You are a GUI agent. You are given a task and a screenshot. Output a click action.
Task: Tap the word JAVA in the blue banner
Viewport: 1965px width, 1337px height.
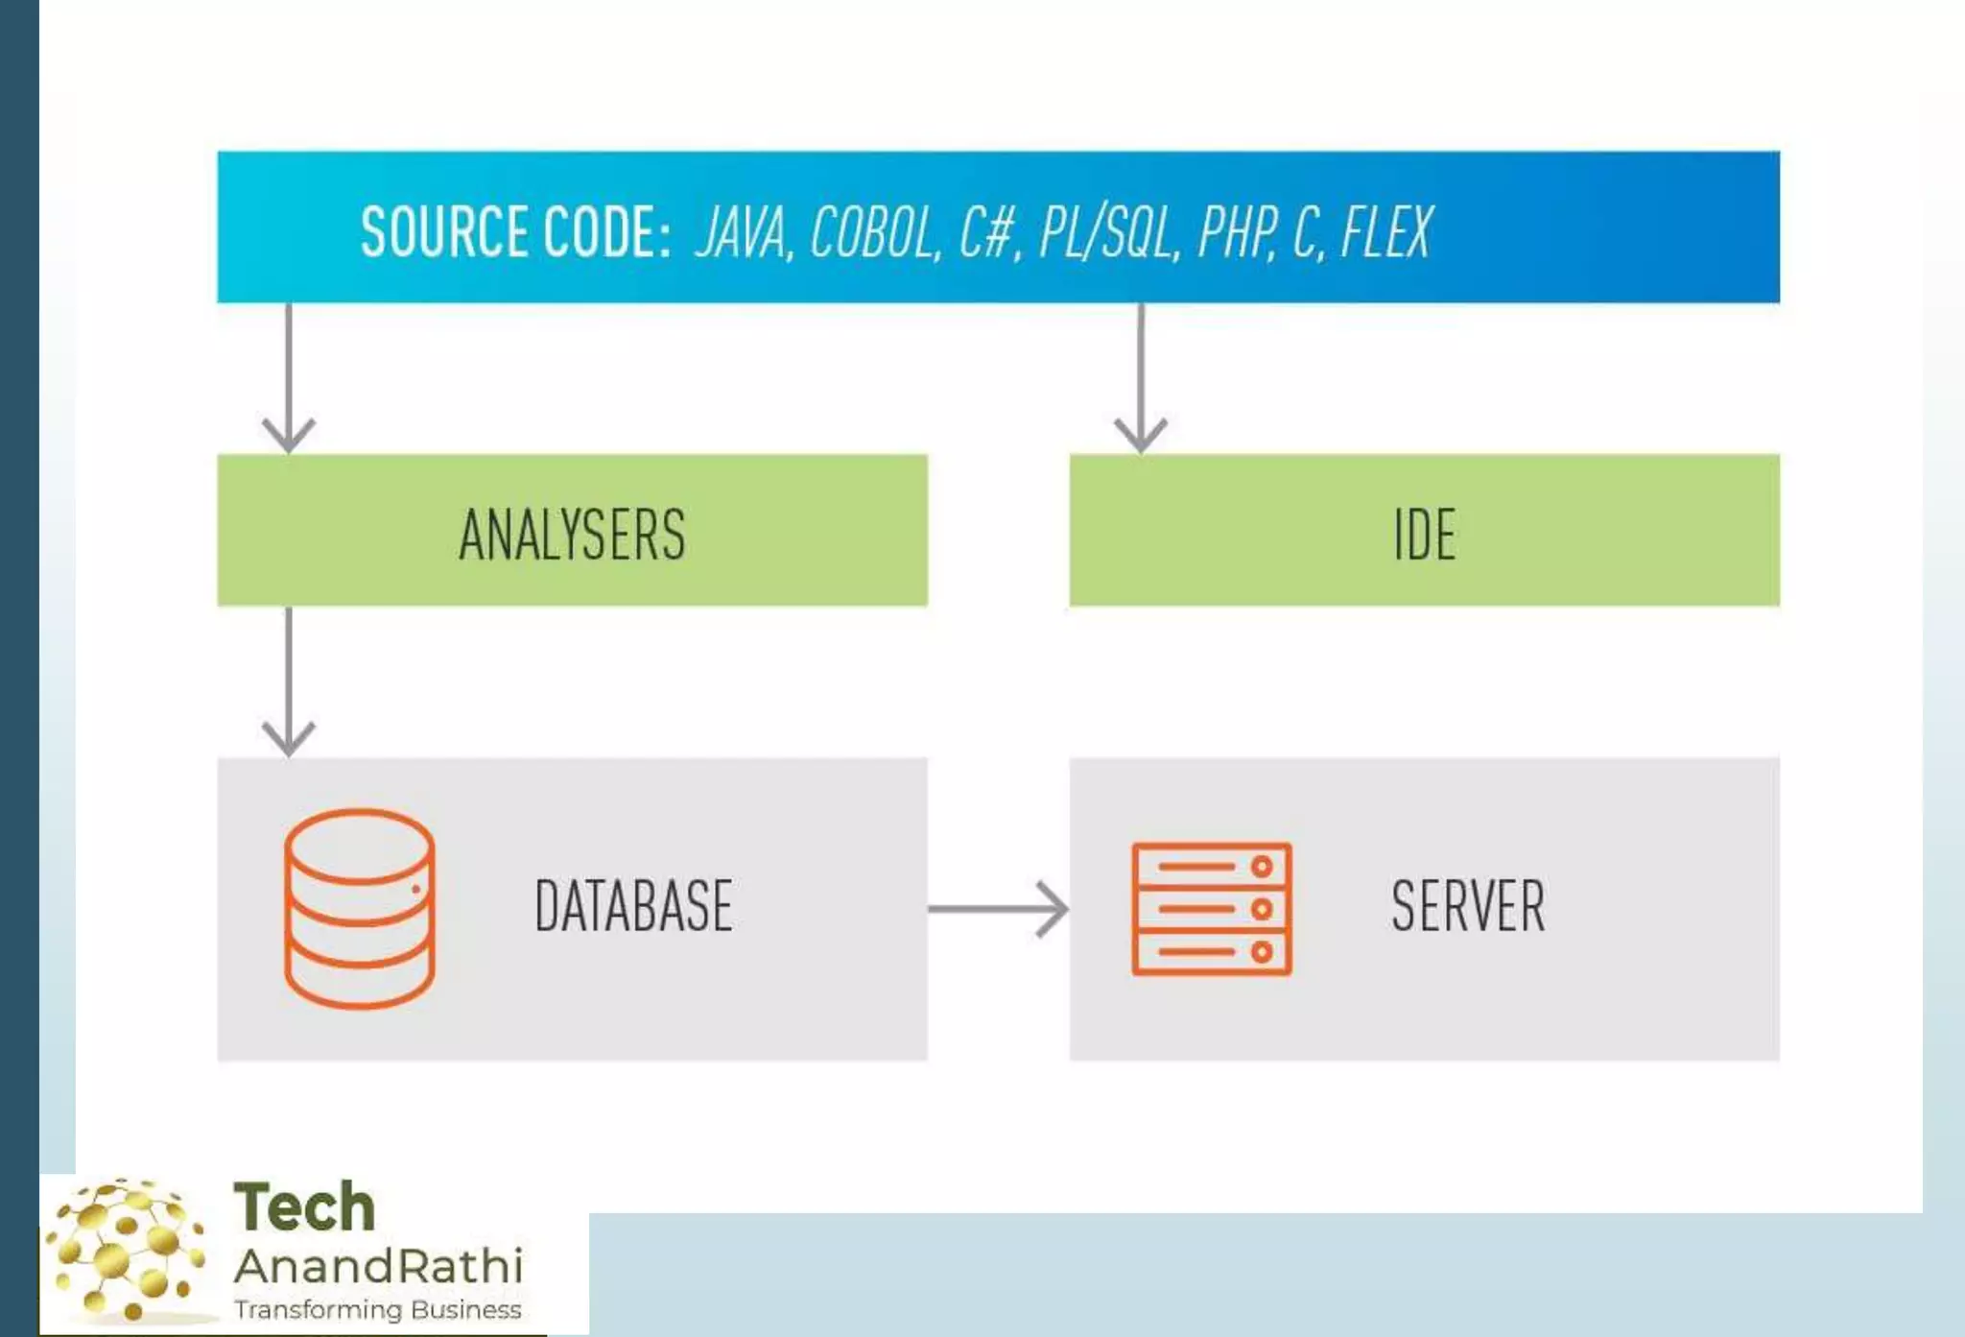click(742, 233)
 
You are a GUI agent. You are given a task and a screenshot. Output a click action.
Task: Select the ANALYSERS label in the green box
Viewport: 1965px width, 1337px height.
click(572, 535)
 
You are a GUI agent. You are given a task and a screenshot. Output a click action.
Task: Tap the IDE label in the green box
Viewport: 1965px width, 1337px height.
click(1424, 535)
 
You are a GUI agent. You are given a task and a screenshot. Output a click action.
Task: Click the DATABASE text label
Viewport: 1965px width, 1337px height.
click(633, 906)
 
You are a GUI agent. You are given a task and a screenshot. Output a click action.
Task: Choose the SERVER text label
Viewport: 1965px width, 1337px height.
click(1468, 906)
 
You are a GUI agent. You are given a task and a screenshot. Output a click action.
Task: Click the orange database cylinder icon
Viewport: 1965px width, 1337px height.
click(360, 908)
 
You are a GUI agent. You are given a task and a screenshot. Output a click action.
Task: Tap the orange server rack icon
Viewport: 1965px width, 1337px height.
click(1212, 909)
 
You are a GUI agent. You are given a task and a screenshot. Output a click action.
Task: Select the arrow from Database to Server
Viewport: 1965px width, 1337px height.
click(998, 909)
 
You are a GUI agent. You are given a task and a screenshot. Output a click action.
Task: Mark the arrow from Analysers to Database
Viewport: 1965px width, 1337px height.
click(289, 681)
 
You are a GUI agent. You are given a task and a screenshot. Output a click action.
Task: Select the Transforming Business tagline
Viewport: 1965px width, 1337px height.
click(378, 1310)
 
